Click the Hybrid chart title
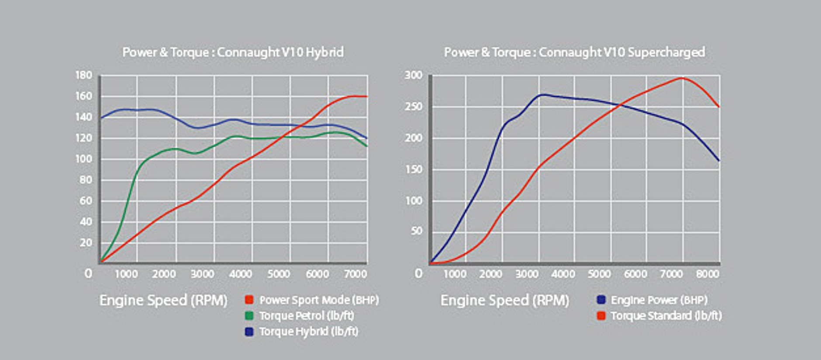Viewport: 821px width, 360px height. (x=233, y=52)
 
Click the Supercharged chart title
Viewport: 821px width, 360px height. (x=574, y=52)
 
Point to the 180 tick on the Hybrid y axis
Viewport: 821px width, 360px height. (x=84, y=75)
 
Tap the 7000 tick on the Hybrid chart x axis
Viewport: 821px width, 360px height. (x=355, y=274)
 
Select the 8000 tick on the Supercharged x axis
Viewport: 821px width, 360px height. (x=707, y=274)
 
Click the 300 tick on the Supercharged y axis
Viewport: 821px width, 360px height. (x=414, y=75)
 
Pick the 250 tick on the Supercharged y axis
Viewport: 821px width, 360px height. (x=414, y=107)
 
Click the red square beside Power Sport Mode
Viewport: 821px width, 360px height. (x=249, y=300)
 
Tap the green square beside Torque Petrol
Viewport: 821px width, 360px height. (x=249, y=315)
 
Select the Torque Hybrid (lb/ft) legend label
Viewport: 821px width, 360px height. (x=309, y=332)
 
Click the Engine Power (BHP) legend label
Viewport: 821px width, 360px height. (x=659, y=300)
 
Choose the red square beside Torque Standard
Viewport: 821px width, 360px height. (x=601, y=315)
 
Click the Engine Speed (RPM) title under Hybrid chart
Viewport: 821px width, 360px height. (x=163, y=300)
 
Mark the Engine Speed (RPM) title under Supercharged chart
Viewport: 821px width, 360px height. (x=505, y=300)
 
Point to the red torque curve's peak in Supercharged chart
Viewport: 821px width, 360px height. (x=682, y=78)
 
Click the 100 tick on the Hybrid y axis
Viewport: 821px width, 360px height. (x=84, y=159)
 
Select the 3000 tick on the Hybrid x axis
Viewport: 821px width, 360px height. (x=203, y=274)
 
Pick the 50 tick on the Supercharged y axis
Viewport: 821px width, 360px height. (x=417, y=231)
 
